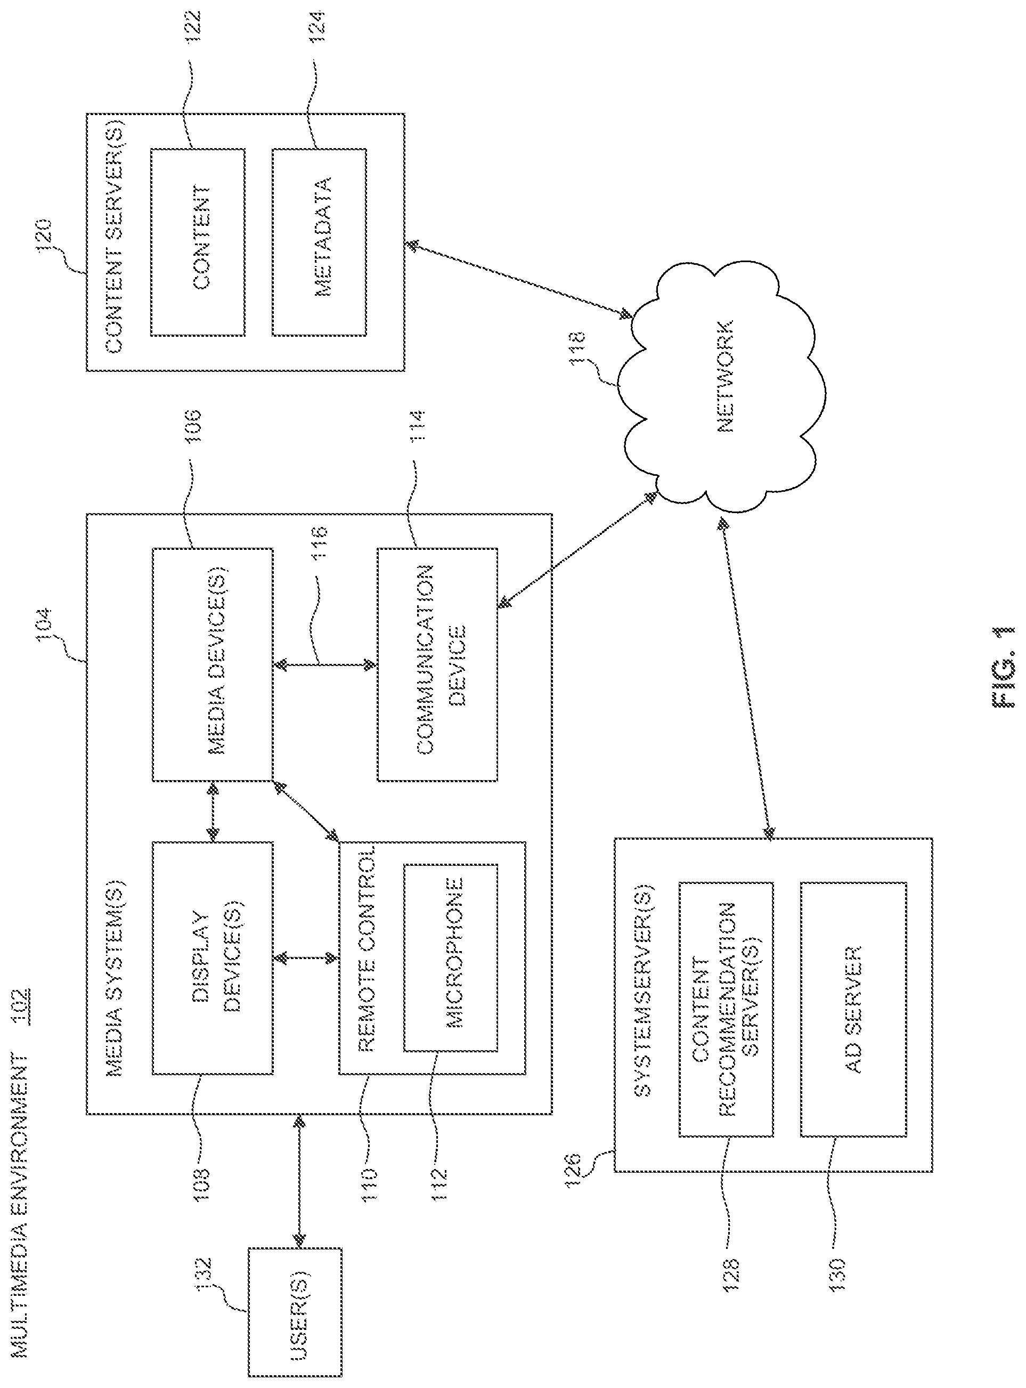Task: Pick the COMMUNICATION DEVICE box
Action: (x=438, y=664)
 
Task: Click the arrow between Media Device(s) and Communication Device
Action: (x=325, y=664)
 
